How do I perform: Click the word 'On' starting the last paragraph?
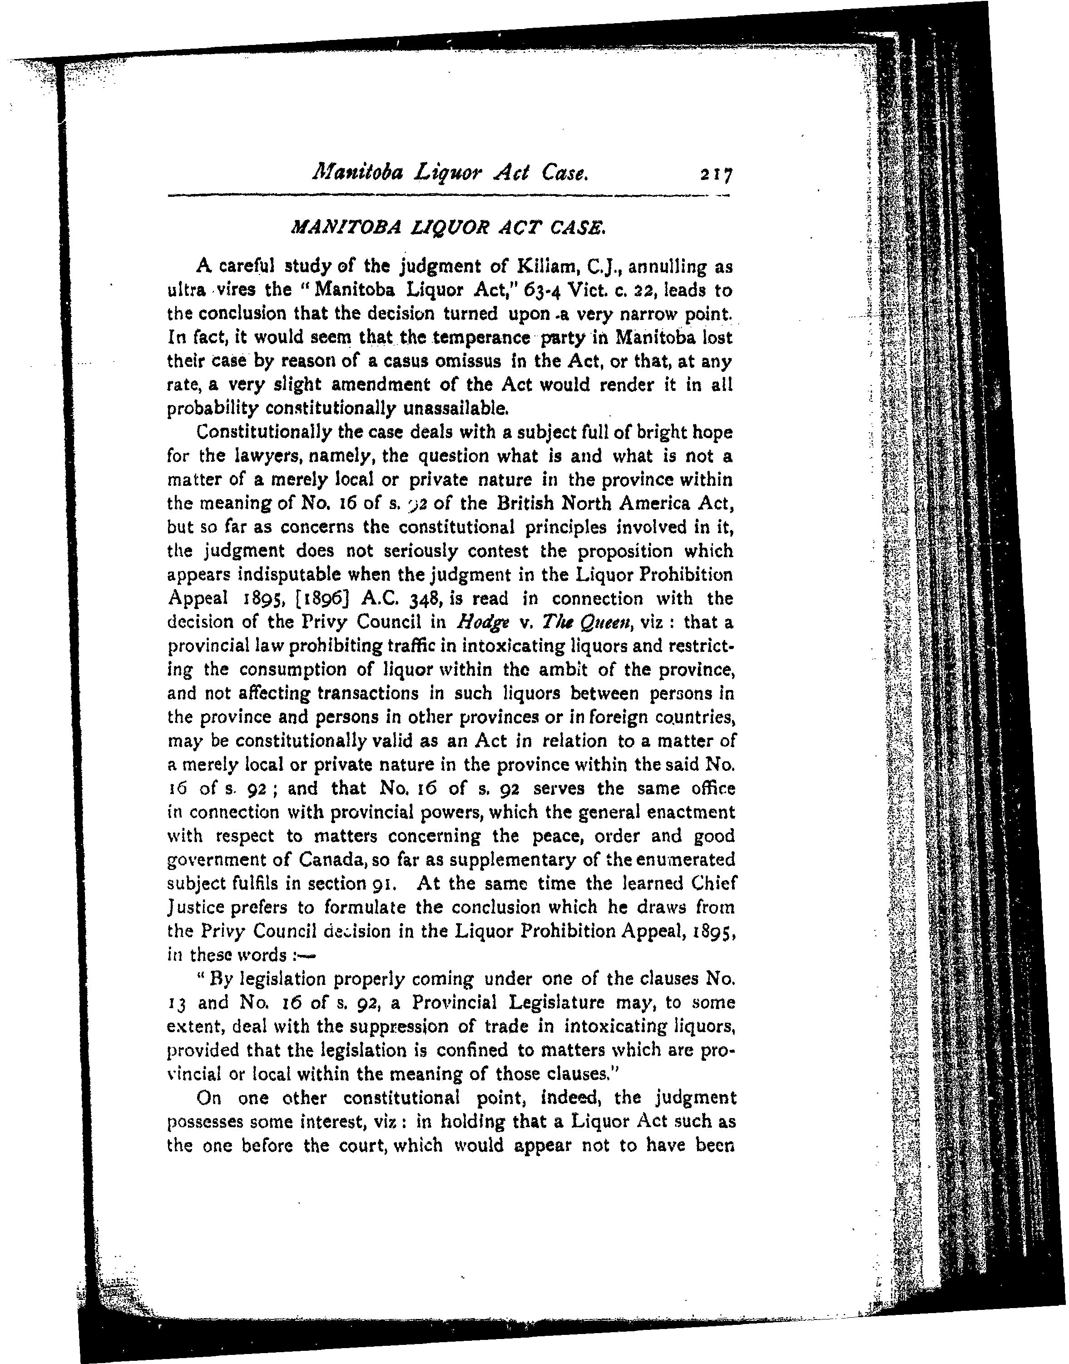tap(208, 1098)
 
